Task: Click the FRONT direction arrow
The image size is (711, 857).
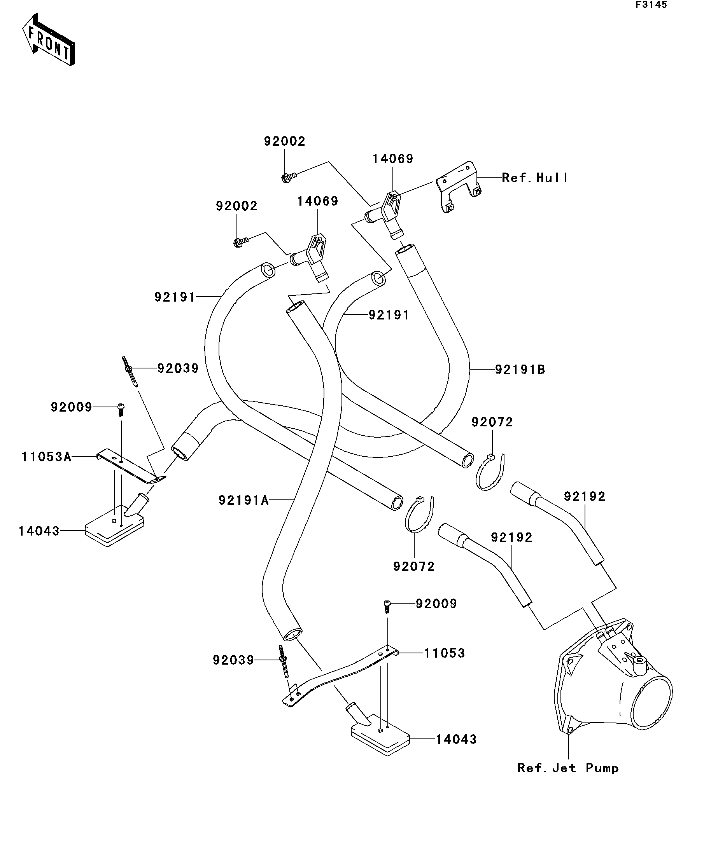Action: pos(48,40)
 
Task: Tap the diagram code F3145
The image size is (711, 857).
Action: pos(651,5)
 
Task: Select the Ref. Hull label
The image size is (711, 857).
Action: pos(534,178)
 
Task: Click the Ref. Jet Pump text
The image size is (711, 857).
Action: pos(567,768)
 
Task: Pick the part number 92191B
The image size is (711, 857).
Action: pos(520,370)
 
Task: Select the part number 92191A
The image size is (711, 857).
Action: pos(243,500)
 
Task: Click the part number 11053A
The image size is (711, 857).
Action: pos(46,457)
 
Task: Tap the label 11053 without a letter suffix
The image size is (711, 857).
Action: pos(444,653)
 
